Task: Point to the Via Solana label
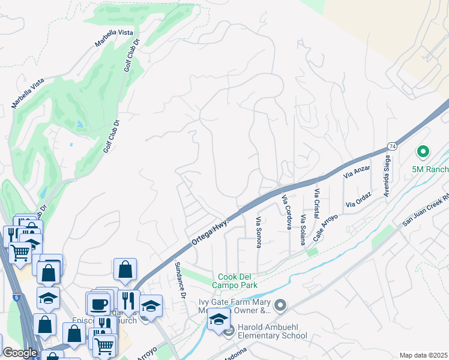tap(303, 229)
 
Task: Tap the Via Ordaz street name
tap(358, 200)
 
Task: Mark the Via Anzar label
tap(357, 171)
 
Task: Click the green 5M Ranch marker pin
tap(423, 153)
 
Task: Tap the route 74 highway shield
tap(392, 146)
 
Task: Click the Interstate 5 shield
tap(14, 296)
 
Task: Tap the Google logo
tap(20, 353)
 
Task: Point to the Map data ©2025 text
tap(423, 355)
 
